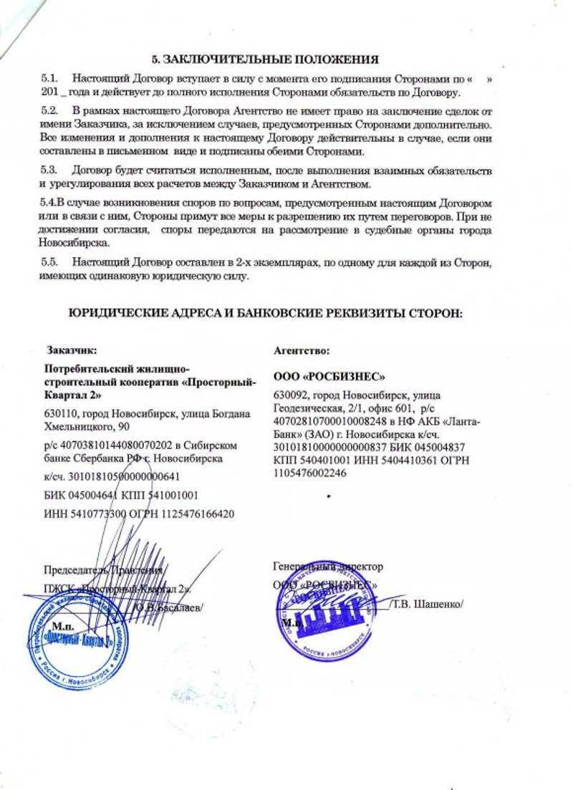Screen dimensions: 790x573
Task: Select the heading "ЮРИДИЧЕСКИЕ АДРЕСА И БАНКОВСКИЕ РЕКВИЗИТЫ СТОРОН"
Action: [266, 313]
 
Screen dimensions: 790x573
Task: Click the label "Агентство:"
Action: [302, 351]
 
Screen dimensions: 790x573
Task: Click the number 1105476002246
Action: [308, 473]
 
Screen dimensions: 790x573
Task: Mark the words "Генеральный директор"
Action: [328, 566]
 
